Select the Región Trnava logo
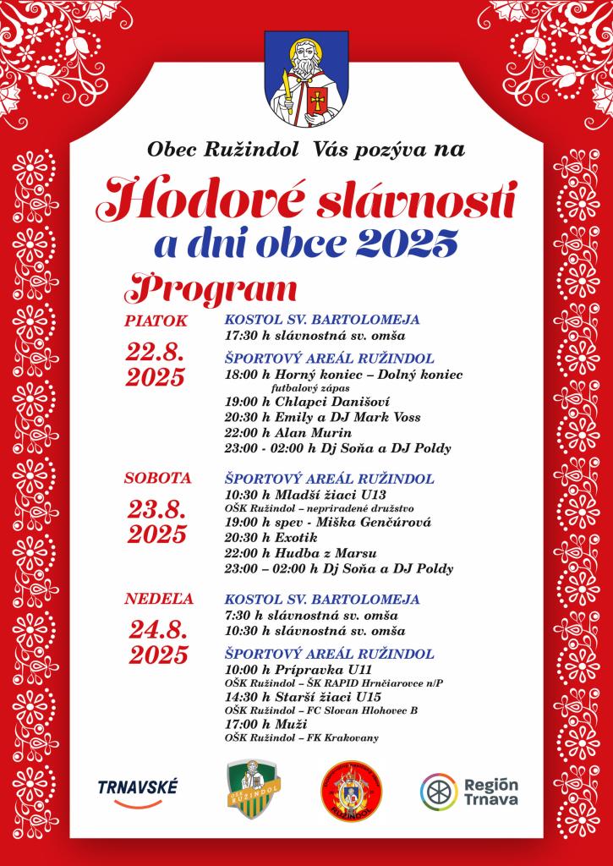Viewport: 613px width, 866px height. (x=469, y=790)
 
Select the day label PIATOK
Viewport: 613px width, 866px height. (x=155, y=321)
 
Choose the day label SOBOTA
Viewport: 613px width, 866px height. (x=158, y=478)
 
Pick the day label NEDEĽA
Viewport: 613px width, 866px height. (x=159, y=599)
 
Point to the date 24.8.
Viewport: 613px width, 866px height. (x=158, y=630)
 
